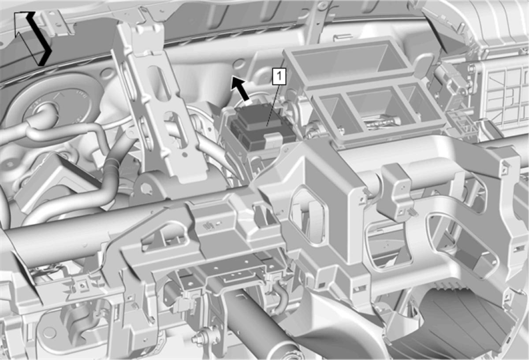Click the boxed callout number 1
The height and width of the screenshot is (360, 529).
[279, 76]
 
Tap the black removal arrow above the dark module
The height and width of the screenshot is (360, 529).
[240, 90]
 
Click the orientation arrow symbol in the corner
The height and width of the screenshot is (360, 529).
[33, 38]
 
